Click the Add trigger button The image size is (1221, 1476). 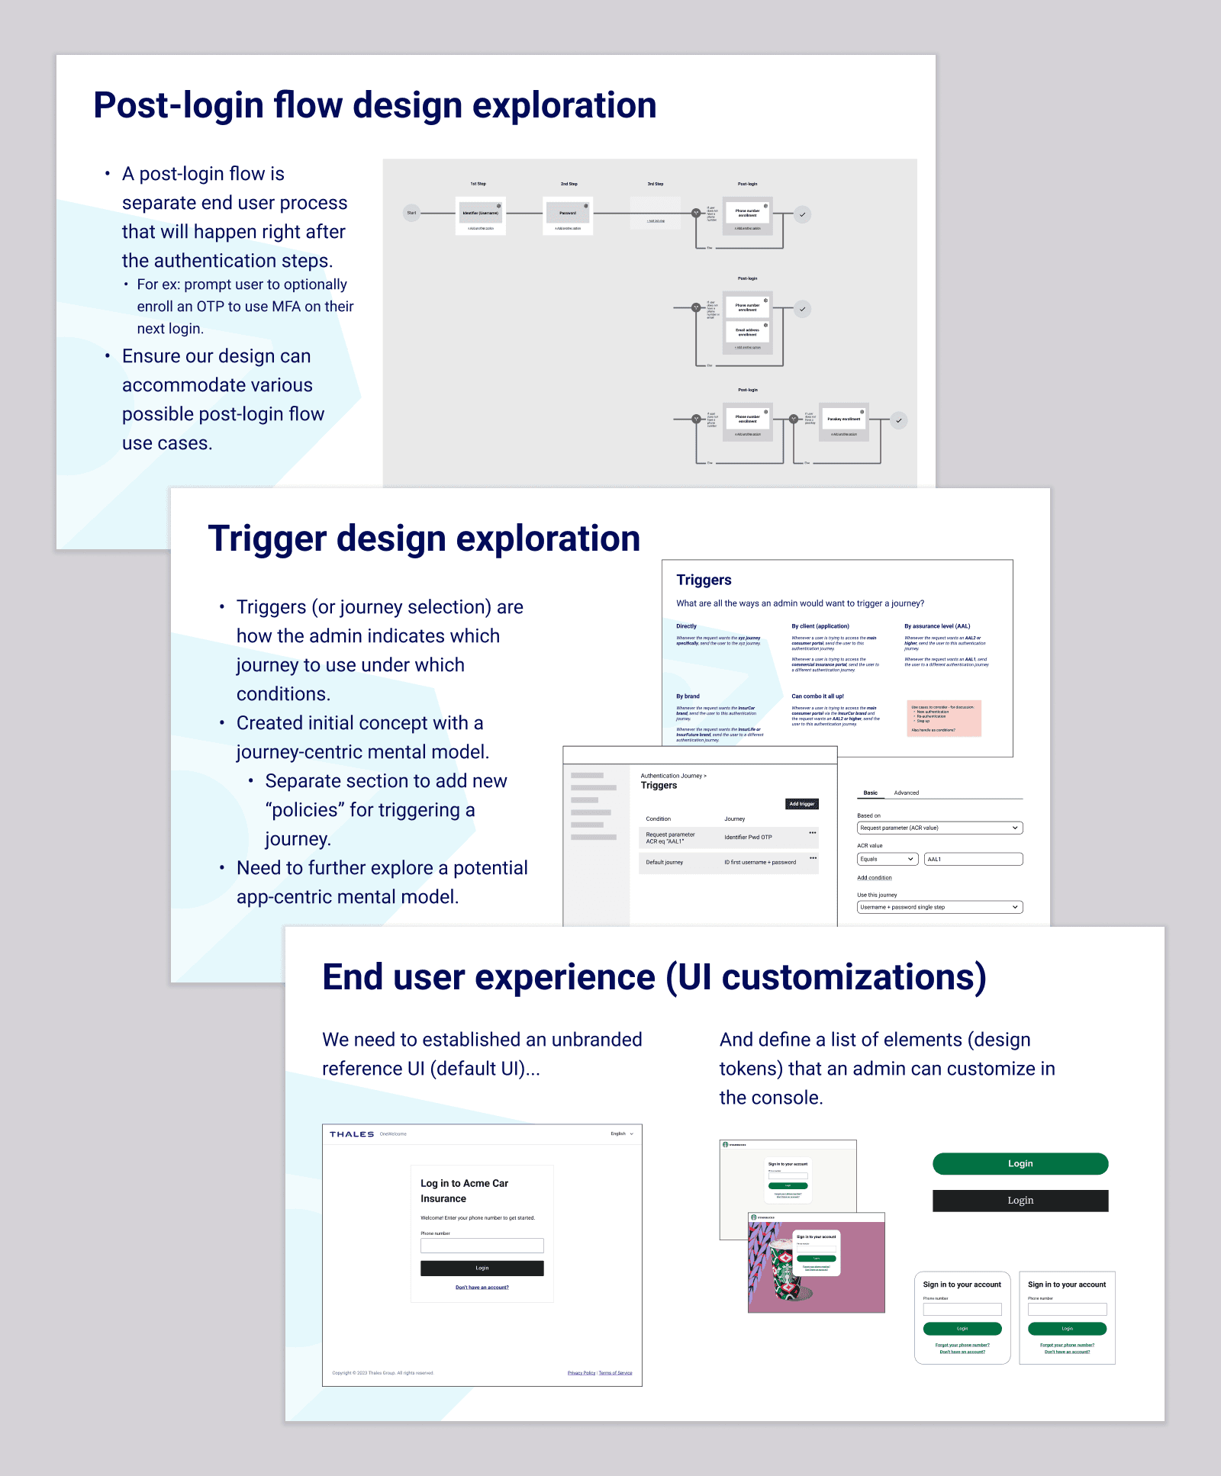click(x=801, y=804)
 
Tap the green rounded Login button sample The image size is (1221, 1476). click(x=1020, y=1163)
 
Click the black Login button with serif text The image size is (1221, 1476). click(x=1020, y=1200)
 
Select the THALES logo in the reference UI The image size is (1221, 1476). click(x=352, y=1134)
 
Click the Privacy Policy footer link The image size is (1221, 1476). click(x=582, y=1373)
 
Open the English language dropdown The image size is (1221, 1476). click(x=622, y=1134)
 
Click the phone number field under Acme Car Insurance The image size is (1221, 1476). click(x=482, y=1246)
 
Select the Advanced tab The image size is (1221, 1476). click(x=906, y=793)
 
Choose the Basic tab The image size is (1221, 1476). click(x=870, y=793)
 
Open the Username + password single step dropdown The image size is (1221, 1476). click(x=939, y=907)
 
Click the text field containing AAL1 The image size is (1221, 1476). click(x=973, y=859)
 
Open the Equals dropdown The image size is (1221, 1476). click(x=887, y=859)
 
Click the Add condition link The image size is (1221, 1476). click(x=875, y=878)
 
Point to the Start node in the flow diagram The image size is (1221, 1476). click(x=411, y=214)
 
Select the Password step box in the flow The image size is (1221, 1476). click(x=568, y=213)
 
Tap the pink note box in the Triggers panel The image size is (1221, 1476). click(x=944, y=719)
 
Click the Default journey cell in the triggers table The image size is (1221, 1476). click(x=665, y=863)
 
